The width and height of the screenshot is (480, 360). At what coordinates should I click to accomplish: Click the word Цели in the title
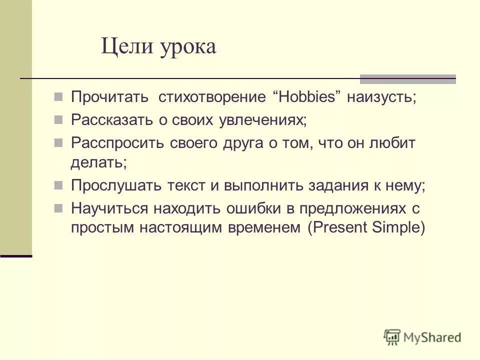coord(127,48)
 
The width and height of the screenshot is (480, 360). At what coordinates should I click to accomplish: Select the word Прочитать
coord(109,96)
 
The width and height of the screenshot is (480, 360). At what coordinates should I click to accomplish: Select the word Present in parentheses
coord(340,227)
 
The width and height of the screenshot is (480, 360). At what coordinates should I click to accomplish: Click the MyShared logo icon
coord(392,336)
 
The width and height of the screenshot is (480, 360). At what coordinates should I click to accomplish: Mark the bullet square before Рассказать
coord(58,120)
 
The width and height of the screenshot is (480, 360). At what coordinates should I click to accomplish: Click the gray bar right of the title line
coord(408,78)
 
